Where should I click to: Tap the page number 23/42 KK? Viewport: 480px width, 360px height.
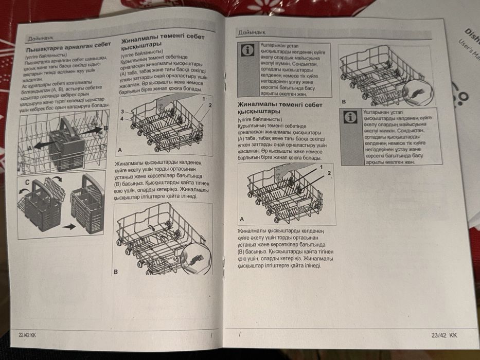pyautogui.click(x=444, y=335)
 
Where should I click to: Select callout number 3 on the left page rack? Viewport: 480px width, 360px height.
pyautogui.click(x=123, y=111)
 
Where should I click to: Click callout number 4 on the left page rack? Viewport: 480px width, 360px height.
pyautogui.click(x=123, y=119)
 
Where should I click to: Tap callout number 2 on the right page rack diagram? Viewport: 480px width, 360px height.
pyautogui.click(x=328, y=173)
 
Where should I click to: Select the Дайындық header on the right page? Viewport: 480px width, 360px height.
pyautogui.click(x=251, y=33)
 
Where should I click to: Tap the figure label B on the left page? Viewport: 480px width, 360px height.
pyautogui.click(x=116, y=271)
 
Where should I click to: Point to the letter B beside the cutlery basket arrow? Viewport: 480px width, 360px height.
pyautogui.click(x=106, y=128)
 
